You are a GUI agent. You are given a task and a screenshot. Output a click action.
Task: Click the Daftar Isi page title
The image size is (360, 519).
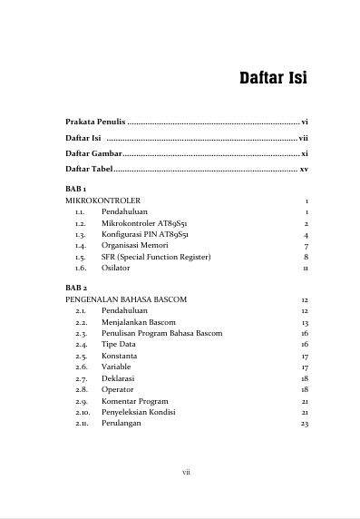click(272, 77)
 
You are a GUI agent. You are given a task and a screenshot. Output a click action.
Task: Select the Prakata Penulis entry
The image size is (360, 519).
click(95, 121)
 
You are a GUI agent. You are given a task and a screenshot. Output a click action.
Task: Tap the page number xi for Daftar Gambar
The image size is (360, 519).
click(305, 154)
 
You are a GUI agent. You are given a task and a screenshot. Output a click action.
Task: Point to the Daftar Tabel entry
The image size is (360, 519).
click(90, 170)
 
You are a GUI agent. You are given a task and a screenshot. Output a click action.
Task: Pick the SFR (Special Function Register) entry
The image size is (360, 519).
click(156, 257)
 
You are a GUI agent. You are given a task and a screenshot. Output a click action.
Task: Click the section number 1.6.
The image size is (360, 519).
click(81, 269)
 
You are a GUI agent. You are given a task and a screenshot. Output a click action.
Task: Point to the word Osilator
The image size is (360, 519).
click(115, 269)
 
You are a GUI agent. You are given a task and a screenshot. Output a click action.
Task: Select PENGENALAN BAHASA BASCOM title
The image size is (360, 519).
click(126, 299)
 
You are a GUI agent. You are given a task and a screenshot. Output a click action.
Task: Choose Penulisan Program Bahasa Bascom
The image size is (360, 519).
click(161, 333)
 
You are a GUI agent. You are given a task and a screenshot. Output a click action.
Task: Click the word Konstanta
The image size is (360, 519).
click(120, 356)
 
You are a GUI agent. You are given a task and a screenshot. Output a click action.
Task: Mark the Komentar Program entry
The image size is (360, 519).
click(134, 401)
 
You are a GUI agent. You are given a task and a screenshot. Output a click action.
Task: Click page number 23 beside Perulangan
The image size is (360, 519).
click(305, 424)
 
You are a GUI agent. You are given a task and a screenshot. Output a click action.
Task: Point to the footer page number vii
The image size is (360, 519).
click(186, 472)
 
